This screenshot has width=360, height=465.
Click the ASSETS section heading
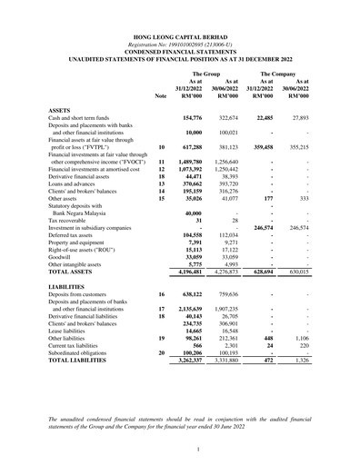coord(62,108)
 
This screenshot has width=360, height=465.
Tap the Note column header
coord(161,94)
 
